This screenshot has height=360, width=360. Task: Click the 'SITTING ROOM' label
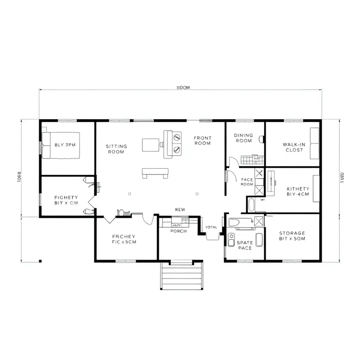click(x=116, y=149)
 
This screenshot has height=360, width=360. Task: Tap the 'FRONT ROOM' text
click(x=202, y=140)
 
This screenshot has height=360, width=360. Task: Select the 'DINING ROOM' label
click(x=243, y=138)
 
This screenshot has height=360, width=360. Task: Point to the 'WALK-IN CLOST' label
click(x=294, y=147)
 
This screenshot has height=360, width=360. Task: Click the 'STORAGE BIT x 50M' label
click(x=292, y=236)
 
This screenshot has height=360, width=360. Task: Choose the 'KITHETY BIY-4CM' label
click(x=297, y=191)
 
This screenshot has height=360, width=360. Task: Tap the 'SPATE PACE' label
click(x=244, y=245)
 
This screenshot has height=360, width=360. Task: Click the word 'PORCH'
click(x=178, y=231)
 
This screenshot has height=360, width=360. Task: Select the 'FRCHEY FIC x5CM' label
click(x=124, y=239)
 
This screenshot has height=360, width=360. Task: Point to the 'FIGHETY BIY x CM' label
click(x=66, y=200)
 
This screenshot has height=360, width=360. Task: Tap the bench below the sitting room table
click(x=155, y=171)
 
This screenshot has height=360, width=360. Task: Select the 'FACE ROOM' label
click(x=247, y=182)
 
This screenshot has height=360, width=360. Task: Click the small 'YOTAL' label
click(x=211, y=227)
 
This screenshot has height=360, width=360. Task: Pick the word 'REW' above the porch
click(x=180, y=210)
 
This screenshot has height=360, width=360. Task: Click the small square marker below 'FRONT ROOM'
click(x=197, y=193)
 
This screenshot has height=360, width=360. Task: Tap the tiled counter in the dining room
click(x=250, y=159)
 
